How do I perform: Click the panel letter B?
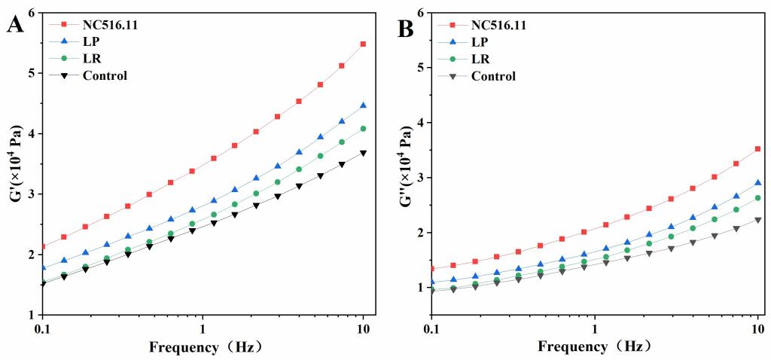click(x=405, y=29)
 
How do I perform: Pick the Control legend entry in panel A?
click(x=105, y=75)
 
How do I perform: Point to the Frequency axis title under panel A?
click(x=203, y=347)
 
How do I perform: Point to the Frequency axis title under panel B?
click(x=593, y=347)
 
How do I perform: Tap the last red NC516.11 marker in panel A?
click(x=364, y=44)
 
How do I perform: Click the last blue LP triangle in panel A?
click(x=364, y=105)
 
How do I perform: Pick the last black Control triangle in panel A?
click(x=364, y=153)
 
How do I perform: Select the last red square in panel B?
click(x=757, y=149)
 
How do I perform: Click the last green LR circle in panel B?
click(x=757, y=198)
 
